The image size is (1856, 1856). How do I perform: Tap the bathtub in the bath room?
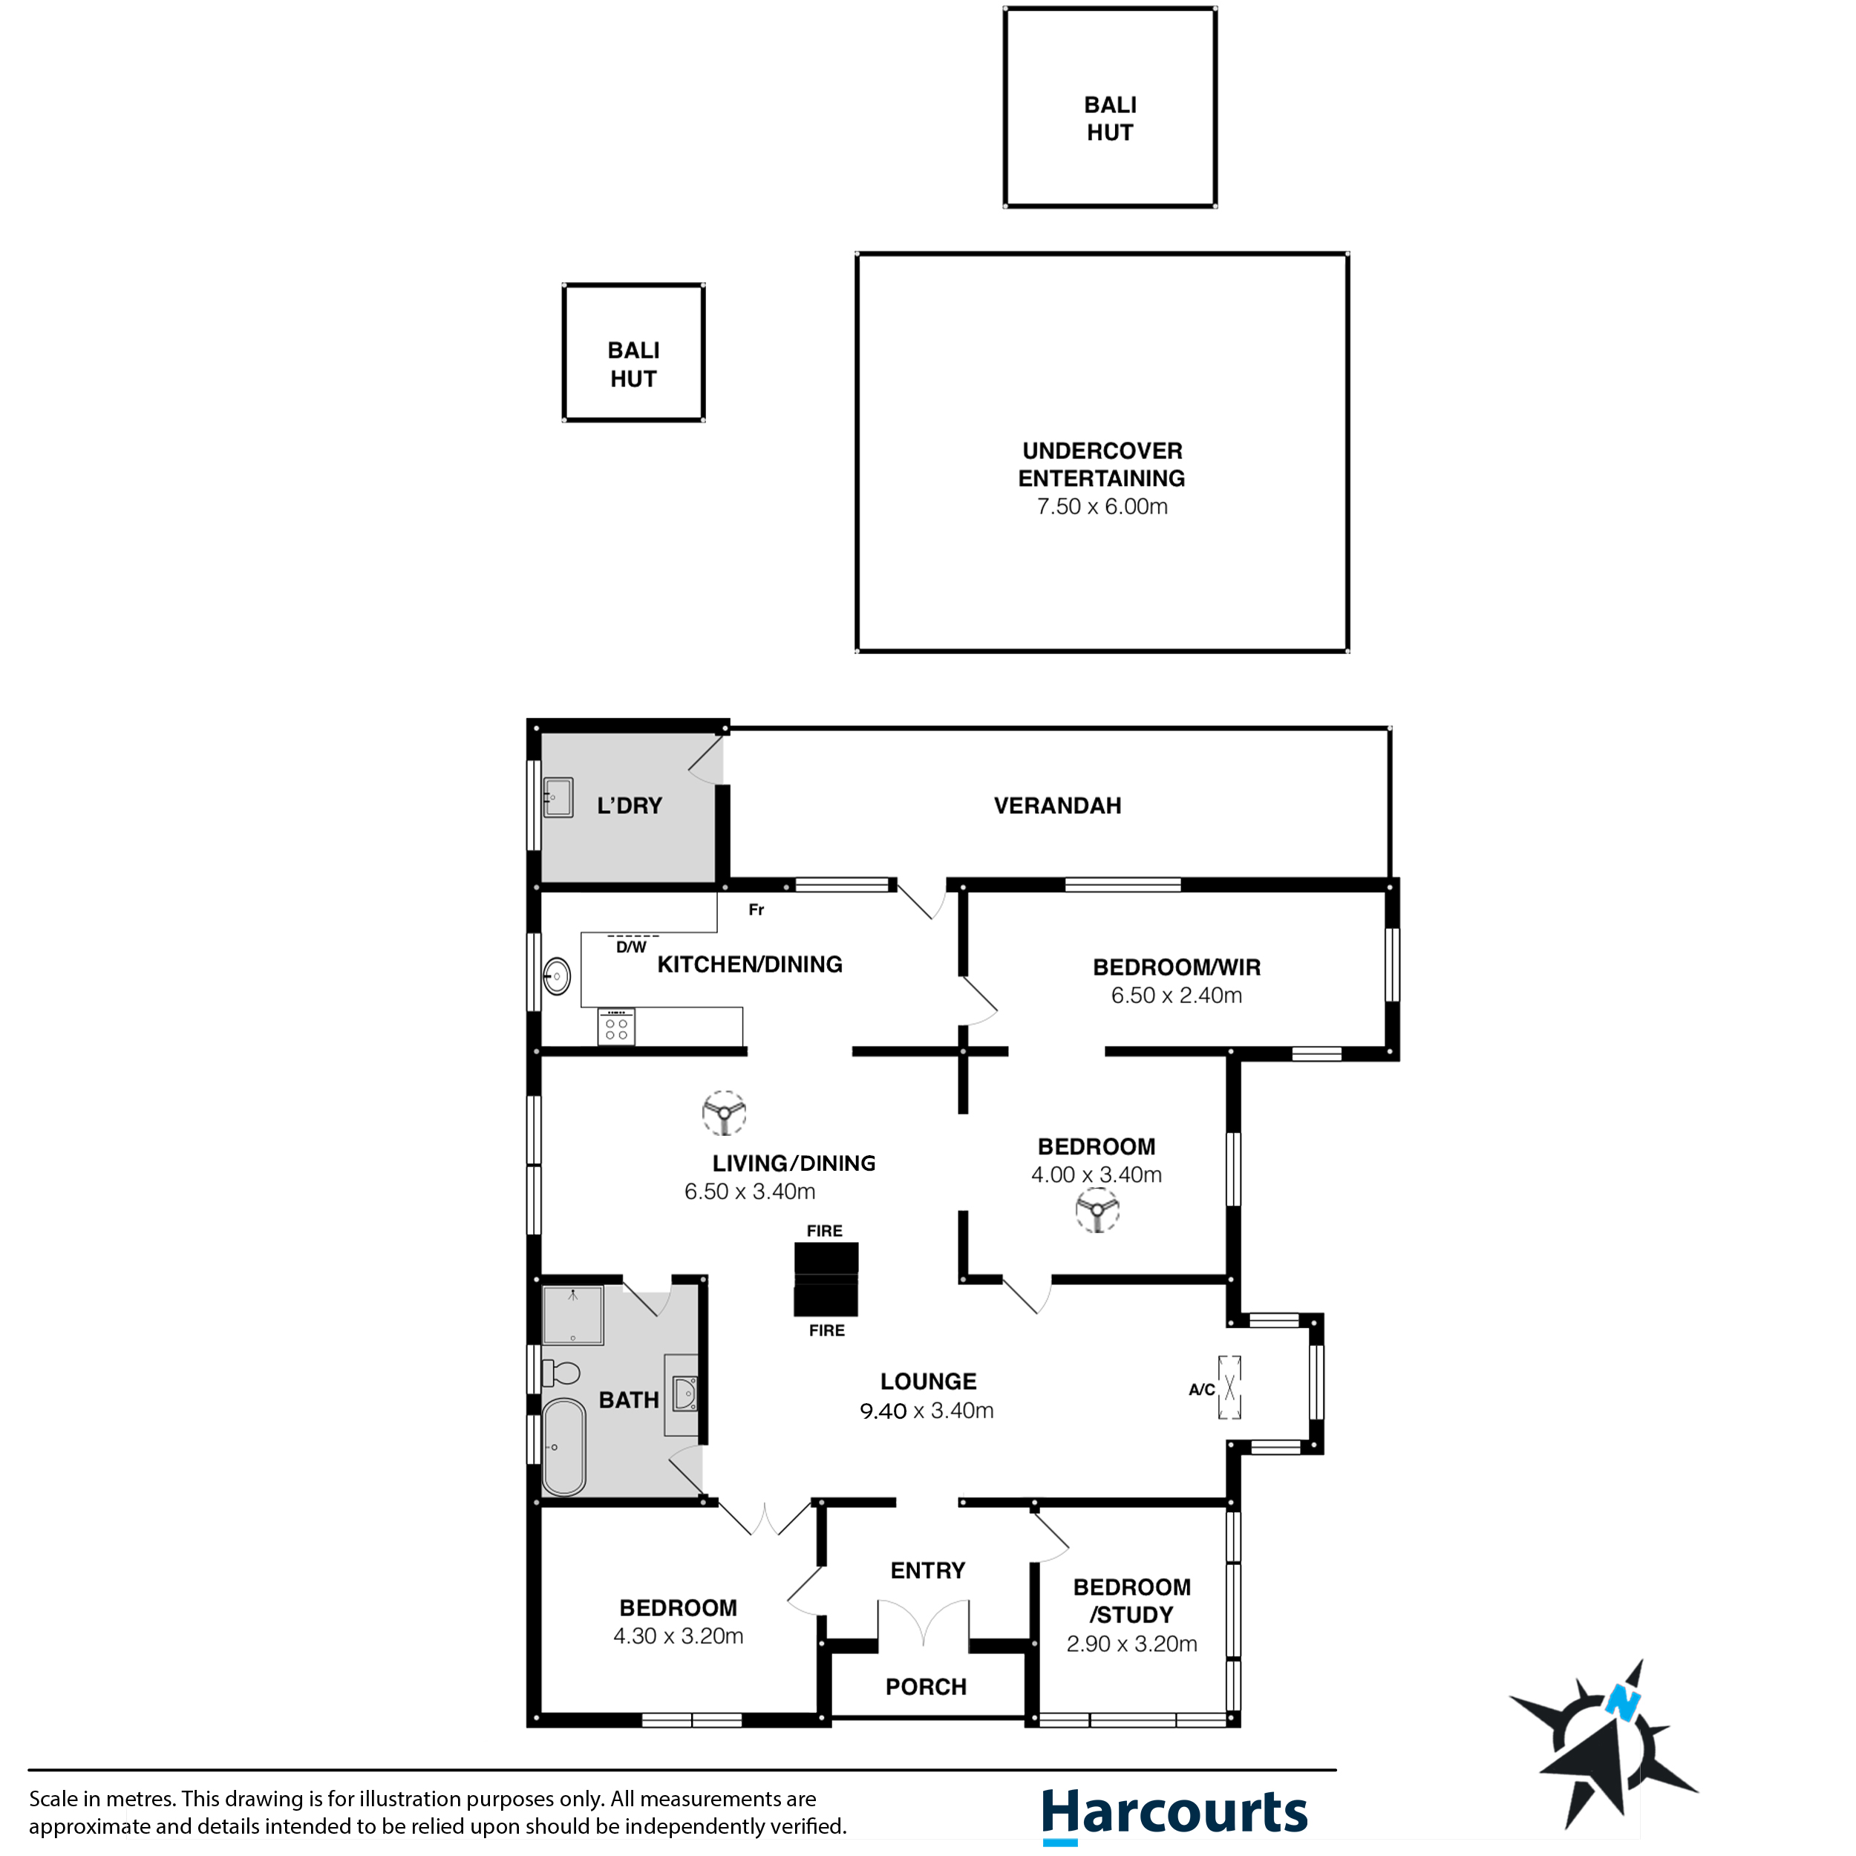pyautogui.click(x=564, y=1447)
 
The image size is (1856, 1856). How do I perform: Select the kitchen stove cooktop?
pyautogui.click(x=615, y=1027)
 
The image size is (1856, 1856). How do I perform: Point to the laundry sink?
pyautogui.click(x=558, y=797)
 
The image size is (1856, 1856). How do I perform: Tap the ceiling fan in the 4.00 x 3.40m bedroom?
pyautogui.click(x=1097, y=1209)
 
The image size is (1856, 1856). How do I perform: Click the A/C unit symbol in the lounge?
pyautogui.click(x=1229, y=1388)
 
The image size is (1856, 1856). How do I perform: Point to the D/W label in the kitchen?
pyautogui.click(x=631, y=947)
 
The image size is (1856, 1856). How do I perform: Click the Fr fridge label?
pyautogui.click(x=756, y=909)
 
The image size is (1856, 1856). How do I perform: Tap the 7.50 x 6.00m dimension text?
pyautogui.click(x=1102, y=506)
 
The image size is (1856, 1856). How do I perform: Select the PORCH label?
pyautogui.click(x=926, y=1687)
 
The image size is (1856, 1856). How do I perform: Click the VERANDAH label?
pyautogui.click(x=1056, y=806)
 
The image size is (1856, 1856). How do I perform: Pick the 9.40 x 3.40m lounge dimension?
pyautogui.click(x=926, y=1411)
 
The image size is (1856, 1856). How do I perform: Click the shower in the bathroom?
pyautogui.click(x=572, y=1314)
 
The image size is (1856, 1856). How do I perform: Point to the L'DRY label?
pyautogui.click(x=630, y=806)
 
